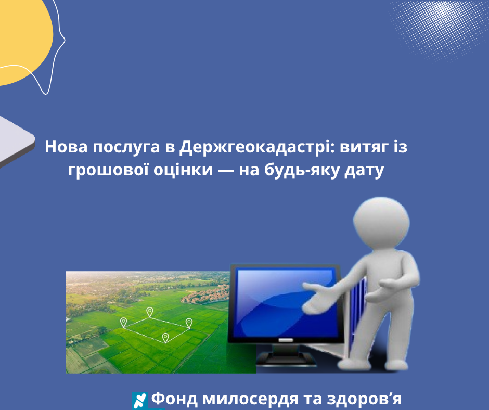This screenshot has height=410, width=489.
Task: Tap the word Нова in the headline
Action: (66, 147)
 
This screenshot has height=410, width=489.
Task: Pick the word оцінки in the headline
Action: (183, 170)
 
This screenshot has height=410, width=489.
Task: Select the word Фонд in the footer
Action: (174, 399)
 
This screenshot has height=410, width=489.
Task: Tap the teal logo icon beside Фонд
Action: (140, 401)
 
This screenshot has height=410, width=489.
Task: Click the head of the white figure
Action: (381, 223)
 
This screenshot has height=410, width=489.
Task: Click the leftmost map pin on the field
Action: (123, 323)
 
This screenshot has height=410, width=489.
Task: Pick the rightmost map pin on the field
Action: (189, 323)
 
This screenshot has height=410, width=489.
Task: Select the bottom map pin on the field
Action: (165, 338)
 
